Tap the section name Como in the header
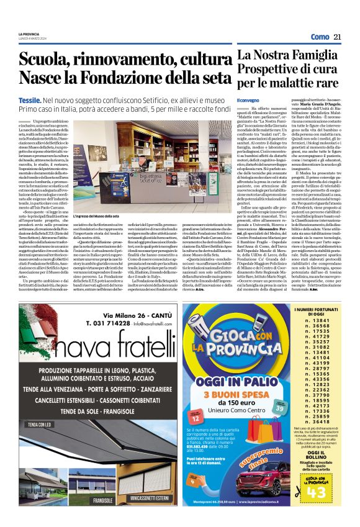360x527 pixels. (x=320, y=37)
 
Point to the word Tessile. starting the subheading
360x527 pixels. (x=30, y=99)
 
